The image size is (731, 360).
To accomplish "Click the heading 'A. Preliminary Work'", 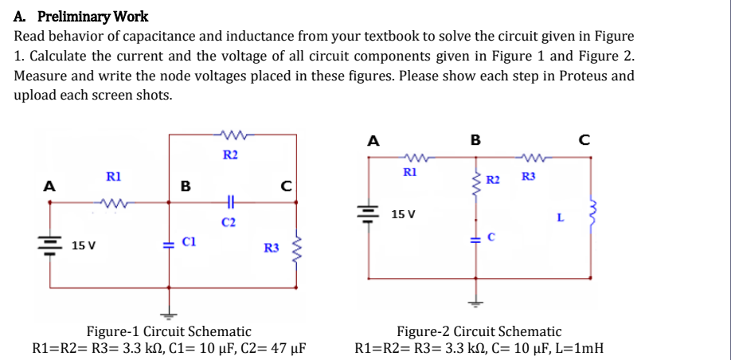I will point(80,16).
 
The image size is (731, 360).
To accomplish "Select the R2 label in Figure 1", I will point(230,154).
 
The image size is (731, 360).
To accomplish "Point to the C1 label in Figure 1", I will point(189,240).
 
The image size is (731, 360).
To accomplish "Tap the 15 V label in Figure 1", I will point(84,245).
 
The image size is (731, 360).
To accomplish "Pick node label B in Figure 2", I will point(475,141).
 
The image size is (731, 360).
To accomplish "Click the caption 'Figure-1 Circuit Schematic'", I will point(168,331).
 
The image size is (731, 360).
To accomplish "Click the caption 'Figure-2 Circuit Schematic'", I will point(479,331).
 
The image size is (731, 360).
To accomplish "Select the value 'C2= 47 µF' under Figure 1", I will point(268,348).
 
